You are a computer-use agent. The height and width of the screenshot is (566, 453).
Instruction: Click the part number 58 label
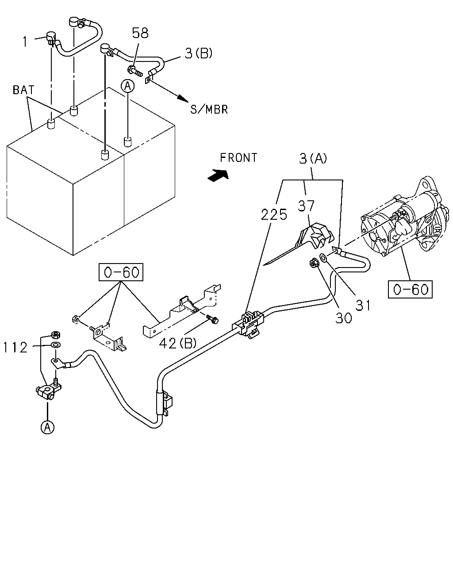point(140,33)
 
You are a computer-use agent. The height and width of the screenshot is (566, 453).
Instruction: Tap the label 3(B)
point(198,53)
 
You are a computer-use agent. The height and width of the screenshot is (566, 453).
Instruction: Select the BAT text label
point(23,90)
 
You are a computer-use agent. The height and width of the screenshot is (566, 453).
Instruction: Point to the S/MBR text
point(209,109)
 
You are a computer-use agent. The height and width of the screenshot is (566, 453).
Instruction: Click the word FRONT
point(238,158)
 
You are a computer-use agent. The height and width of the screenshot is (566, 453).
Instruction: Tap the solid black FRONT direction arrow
point(218,175)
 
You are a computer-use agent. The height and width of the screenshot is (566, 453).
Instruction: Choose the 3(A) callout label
point(313,159)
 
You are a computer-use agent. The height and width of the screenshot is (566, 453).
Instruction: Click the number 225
point(274,214)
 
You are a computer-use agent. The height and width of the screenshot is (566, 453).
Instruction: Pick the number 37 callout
point(306,206)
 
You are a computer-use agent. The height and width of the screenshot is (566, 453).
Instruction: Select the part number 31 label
point(363,306)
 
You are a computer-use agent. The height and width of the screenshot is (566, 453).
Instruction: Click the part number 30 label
point(343,318)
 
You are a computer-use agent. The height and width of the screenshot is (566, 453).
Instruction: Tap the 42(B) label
point(178,343)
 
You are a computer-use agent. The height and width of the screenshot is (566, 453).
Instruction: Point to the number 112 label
point(15,348)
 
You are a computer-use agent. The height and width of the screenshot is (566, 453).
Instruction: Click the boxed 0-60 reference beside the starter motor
point(410,289)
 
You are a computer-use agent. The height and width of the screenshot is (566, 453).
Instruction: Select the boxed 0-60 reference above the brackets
point(121,272)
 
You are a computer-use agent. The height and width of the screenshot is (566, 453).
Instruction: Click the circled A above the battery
point(128,86)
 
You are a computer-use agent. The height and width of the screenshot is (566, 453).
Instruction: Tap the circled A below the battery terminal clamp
point(47,428)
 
